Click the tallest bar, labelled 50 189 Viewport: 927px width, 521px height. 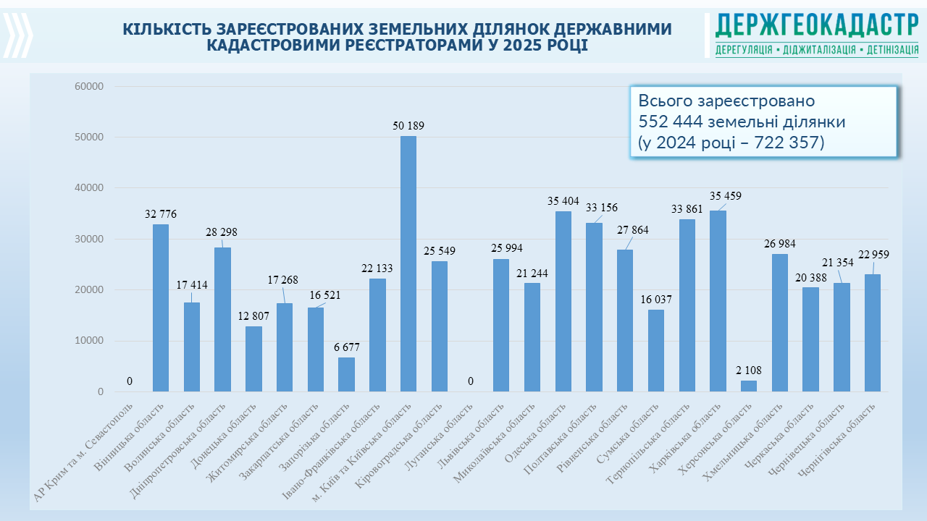click(408, 264)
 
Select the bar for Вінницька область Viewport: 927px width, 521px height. click(161, 308)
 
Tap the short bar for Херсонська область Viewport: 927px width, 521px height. click(749, 386)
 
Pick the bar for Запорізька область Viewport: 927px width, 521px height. click(346, 375)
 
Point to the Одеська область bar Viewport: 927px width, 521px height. click(563, 302)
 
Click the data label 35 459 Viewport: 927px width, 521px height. click(726, 196)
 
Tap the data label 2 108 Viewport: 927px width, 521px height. click(749, 370)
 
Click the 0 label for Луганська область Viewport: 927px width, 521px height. click(470, 381)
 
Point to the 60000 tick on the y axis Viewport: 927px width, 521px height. click(90, 86)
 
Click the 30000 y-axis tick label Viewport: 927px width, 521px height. click(90, 239)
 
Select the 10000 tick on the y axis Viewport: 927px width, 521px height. click(90, 341)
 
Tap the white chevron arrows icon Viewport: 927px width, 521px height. click(18, 34)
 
